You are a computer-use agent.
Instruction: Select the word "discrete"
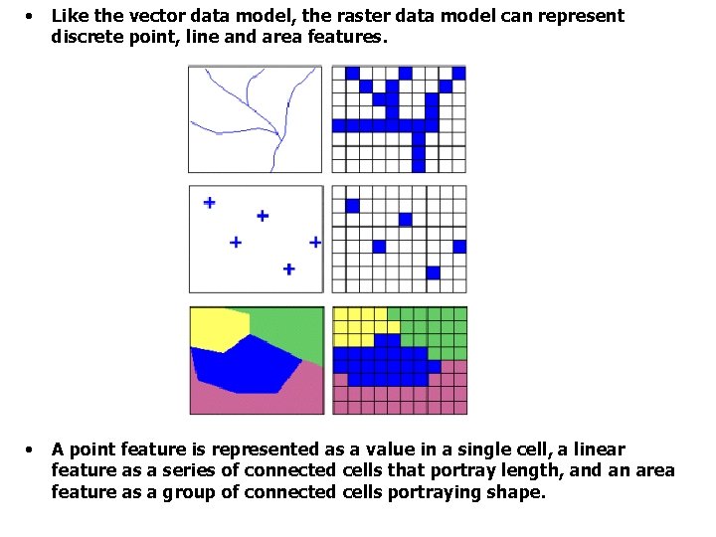(x=88, y=37)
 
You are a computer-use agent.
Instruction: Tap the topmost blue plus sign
(x=209, y=203)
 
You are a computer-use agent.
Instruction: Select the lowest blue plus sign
(x=288, y=268)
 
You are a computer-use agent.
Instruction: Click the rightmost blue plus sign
(x=315, y=242)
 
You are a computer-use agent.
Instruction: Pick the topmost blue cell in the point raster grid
(x=351, y=206)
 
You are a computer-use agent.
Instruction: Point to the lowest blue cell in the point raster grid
(x=433, y=272)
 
